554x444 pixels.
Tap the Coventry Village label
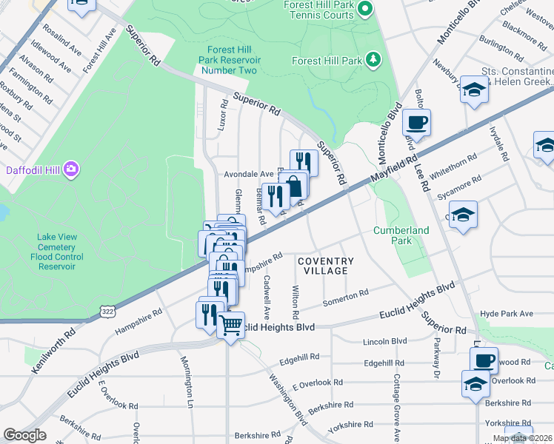(326, 266)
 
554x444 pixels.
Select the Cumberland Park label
(401, 235)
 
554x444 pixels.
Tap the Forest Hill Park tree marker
(375, 60)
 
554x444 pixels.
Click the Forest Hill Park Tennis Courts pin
(364, 10)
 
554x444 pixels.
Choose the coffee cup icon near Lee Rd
(417, 122)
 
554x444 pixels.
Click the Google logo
(24, 434)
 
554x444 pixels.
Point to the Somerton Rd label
(346, 299)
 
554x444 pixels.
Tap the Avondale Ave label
(250, 174)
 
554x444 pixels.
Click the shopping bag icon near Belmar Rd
(294, 185)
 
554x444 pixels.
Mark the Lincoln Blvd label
(385, 341)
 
